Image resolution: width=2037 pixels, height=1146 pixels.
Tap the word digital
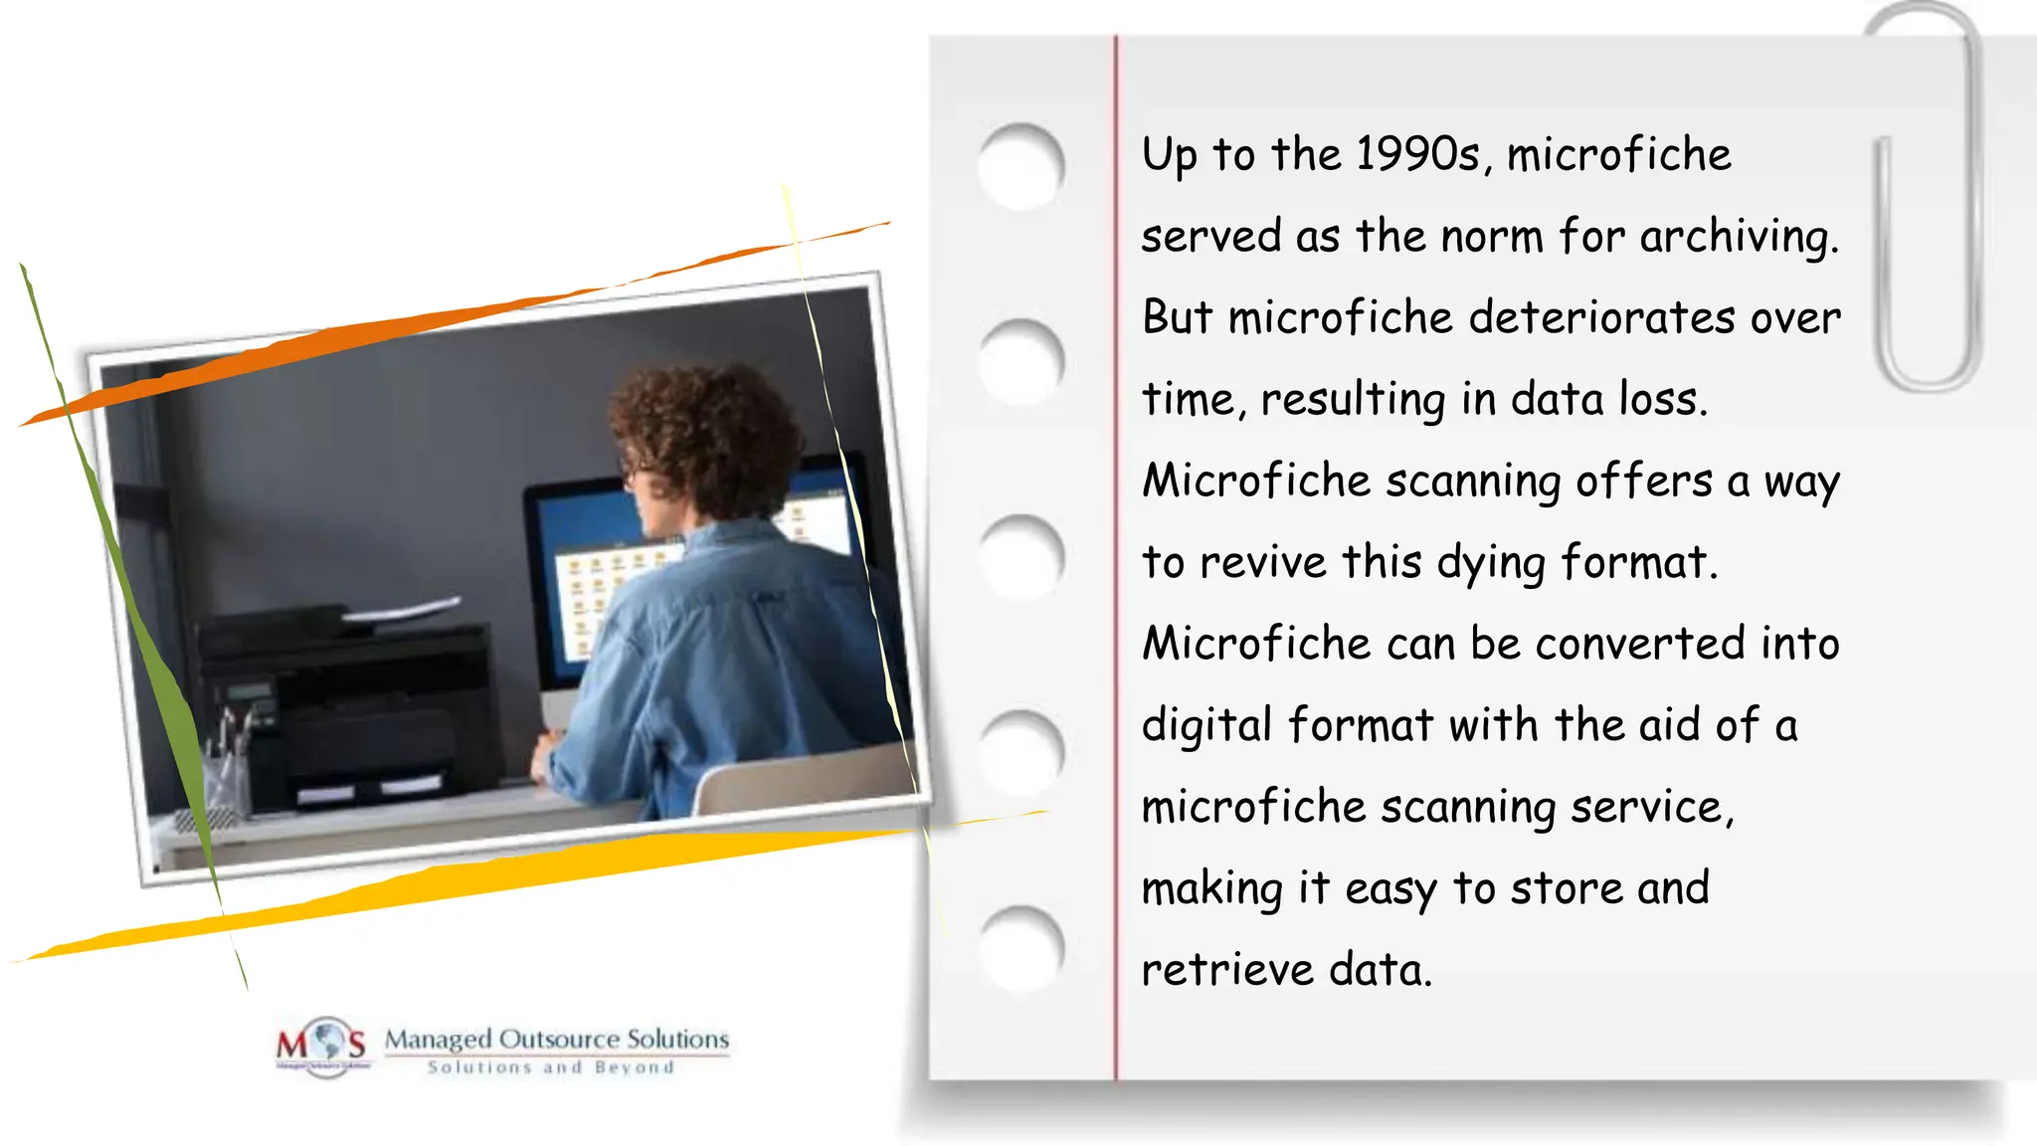tap(1206, 726)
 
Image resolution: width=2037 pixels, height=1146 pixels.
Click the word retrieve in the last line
tap(1226, 970)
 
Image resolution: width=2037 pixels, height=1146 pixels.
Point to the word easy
tap(1390, 889)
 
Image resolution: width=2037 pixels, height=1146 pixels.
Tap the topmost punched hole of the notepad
tap(1021, 166)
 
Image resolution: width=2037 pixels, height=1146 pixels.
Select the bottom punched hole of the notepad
tap(1021, 948)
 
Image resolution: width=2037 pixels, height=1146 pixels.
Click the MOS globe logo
tap(322, 1046)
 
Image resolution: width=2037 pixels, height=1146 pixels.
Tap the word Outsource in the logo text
tap(558, 1040)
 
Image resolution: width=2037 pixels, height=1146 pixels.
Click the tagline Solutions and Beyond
tap(551, 1067)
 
